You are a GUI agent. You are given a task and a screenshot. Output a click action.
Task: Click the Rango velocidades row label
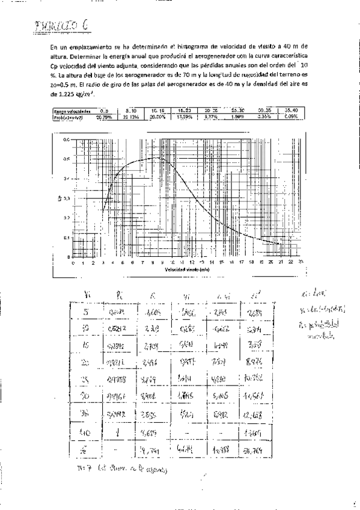point(72,111)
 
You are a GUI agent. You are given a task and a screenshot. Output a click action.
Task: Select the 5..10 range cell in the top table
point(133,111)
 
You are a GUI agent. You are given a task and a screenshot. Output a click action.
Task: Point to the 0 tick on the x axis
point(73,263)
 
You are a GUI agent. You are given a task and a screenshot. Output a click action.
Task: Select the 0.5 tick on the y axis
point(67,159)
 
